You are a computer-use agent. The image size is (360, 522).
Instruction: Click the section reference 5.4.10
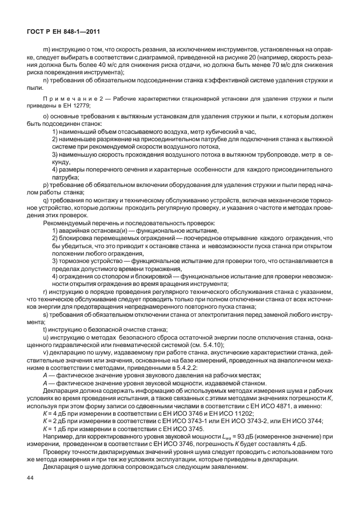click(212, 345)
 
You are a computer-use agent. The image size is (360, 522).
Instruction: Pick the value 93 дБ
click(229, 437)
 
